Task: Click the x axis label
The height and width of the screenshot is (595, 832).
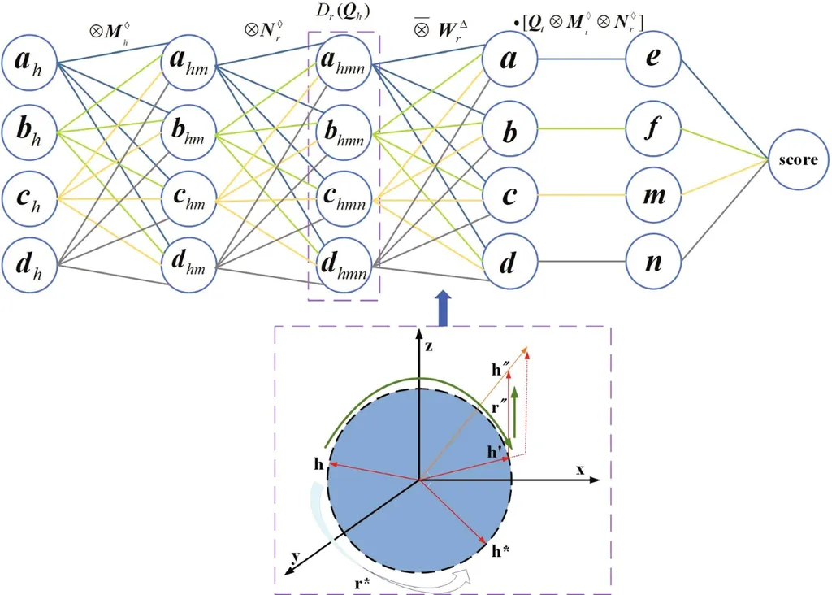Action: pyautogui.click(x=580, y=469)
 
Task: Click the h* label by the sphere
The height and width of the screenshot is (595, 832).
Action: pyautogui.click(x=500, y=549)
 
